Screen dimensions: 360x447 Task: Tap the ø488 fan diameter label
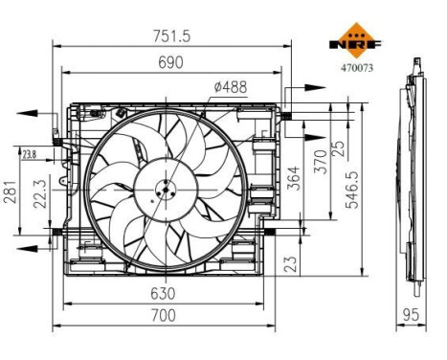pyautogui.click(x=229, y=87)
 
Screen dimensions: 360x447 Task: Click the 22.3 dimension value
pyautogui.click(x=38, y=196)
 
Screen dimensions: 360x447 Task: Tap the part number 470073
pyautogui.click(x=356, y=67)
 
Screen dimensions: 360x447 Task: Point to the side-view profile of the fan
pyautogui.click(x=414, y=172)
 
